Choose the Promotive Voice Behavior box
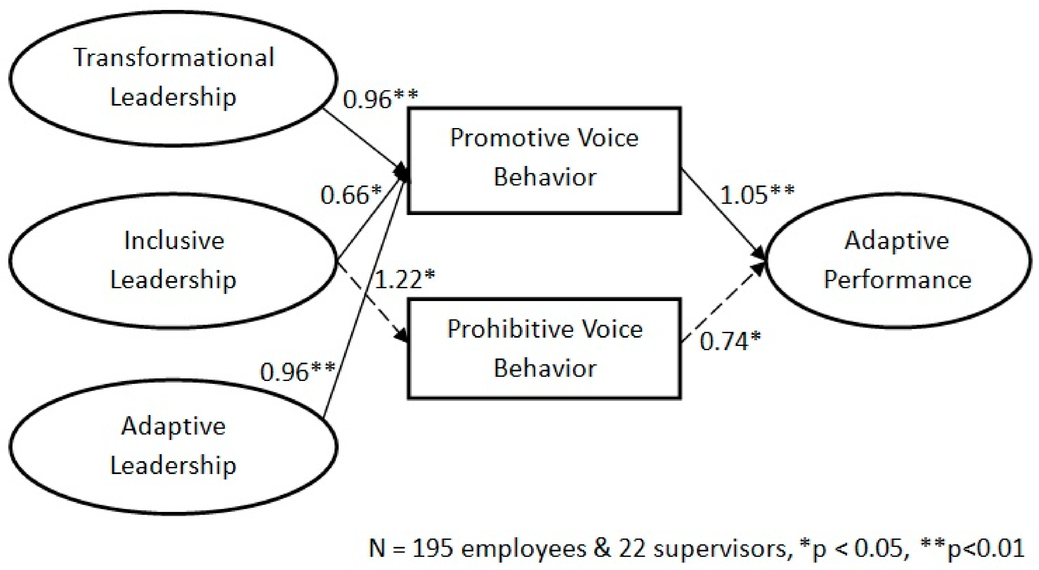[544, 160]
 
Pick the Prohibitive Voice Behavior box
[544, 349]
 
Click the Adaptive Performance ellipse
[898, 260]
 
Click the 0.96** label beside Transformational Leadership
[380, 99]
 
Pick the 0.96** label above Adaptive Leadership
[297, 371]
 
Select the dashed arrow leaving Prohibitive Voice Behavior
[722, 303]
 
